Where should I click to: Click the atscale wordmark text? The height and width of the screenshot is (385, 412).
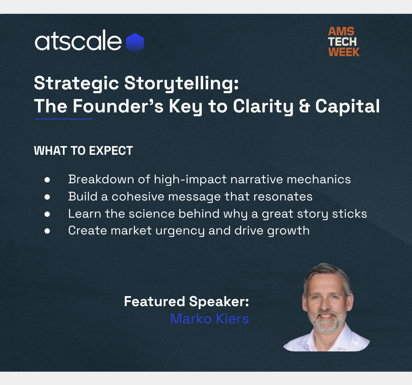78,41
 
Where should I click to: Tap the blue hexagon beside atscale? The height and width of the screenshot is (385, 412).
135,42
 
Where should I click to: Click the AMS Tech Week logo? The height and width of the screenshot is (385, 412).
344,42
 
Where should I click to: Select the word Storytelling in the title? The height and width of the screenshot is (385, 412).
181,84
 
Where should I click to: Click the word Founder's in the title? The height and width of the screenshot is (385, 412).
118,106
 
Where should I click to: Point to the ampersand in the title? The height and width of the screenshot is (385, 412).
304,107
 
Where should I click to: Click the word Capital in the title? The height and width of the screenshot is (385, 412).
348,107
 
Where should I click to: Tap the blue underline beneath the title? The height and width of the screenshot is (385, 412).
64,119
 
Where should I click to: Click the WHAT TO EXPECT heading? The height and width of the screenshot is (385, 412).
83,151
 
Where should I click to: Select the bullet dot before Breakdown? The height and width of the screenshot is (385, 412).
47,180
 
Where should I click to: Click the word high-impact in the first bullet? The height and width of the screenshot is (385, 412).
190,180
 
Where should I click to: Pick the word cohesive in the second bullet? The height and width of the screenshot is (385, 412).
138,197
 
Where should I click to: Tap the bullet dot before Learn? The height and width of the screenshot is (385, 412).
47,214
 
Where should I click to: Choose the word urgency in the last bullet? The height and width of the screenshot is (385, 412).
180,231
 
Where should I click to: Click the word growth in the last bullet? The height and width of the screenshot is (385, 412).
288,231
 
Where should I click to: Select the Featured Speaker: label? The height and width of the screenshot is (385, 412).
186,302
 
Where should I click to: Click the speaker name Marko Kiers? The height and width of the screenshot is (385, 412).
209,319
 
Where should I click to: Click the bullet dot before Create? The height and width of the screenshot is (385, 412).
47,231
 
